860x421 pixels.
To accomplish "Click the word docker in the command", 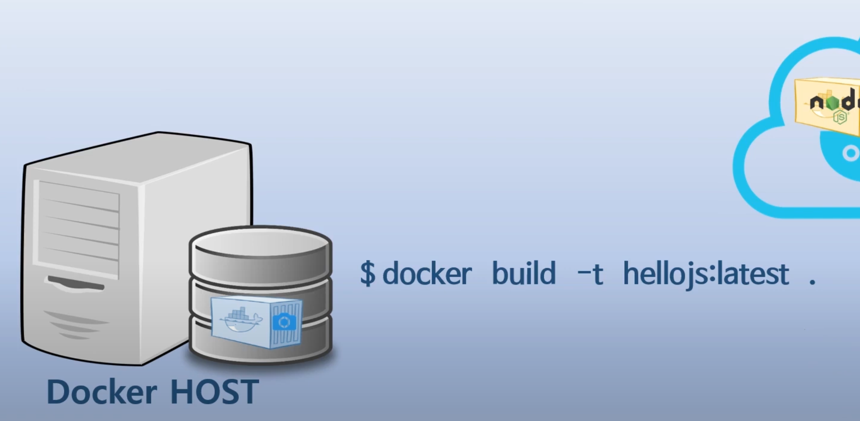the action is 427,273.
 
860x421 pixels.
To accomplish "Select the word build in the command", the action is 523,273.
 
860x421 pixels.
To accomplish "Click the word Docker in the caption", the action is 101,392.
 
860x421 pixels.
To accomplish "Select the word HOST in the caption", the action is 214,392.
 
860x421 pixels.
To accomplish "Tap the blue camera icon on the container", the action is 284,322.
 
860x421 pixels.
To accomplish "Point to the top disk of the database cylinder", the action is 260,244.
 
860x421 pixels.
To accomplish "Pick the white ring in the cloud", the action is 851,154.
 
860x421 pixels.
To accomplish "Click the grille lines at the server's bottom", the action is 77,325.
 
